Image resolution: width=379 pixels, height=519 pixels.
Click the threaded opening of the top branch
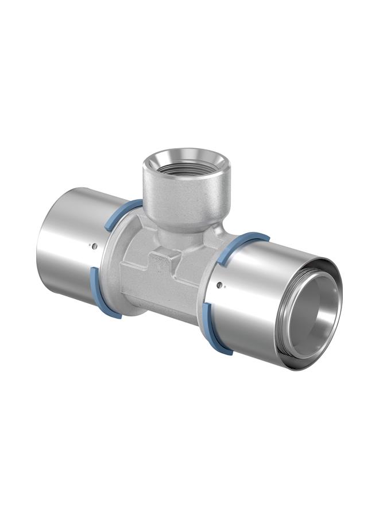tap(187, 162)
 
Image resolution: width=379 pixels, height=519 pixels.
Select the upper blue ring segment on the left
tap(121, 213)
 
